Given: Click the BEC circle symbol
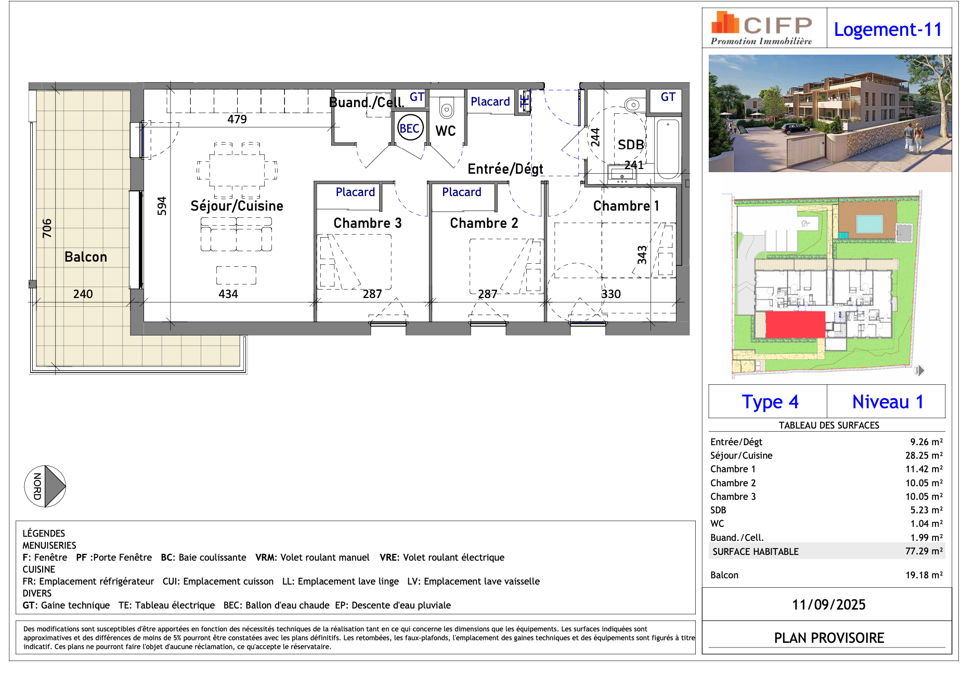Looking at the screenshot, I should (x=410, y=128).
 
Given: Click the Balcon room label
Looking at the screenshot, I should (x=86, y=257).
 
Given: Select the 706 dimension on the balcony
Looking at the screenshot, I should (x=47, y=228).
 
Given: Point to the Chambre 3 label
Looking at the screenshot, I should (x=367, y=223).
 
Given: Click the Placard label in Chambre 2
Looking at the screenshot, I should (x=461, y=192).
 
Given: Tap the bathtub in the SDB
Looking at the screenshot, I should (x=668, y=148).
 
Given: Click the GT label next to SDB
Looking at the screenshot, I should (x=668, y=97).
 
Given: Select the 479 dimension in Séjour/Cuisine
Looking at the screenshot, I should (x=237, y=119).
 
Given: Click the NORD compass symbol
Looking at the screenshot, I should (x=45, y=486).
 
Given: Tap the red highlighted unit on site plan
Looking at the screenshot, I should (x=795, y=324).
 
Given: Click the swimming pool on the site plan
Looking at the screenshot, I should (x=869, y=224).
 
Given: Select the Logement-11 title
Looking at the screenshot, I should (x=888, y=30).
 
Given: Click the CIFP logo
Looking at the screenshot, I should (x=762, y=28).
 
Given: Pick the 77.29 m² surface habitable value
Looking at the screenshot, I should (x=923, y=551).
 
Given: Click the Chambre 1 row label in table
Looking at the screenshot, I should (x=733, y=469).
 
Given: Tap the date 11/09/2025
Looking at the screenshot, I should (x=828, y=605).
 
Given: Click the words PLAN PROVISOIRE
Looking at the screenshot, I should (x=828, y=638).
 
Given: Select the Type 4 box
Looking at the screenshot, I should (x=770, y=402).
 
